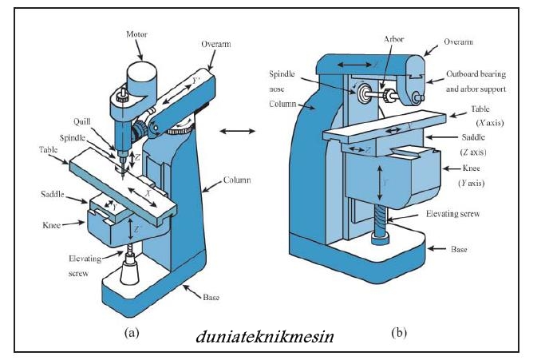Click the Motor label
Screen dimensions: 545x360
click(136, 34)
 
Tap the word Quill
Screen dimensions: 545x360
click(82, 122)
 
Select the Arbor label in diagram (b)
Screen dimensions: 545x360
click(394, 39)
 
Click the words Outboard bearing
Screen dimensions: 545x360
click(476, 74)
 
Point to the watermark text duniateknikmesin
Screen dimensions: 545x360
click(264, 337)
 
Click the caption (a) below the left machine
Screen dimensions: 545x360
click(132, 333)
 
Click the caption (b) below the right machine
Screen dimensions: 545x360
click(399, 333)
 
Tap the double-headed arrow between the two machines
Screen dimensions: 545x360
click(238, 131)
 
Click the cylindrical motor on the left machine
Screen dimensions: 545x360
click(141, 80)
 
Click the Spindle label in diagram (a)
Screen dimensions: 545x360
click(73, 138)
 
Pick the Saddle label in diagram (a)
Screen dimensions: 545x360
click(53, 194)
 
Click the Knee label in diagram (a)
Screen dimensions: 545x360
click(51, 225)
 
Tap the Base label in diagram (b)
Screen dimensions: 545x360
click(459, 249)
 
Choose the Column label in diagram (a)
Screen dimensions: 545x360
click(237, 180)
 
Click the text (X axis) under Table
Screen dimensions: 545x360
click(490, 123)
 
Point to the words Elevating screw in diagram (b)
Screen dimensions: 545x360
click(453, 214)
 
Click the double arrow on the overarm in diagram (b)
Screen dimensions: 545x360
click(354, 65)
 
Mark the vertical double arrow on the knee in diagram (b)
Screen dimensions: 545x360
click(380, 183)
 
